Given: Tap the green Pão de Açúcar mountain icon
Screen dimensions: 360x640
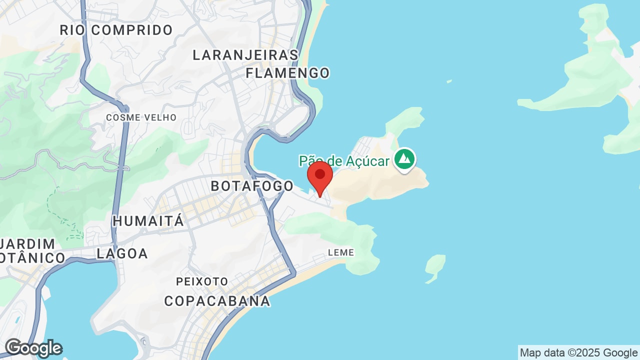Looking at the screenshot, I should [404, 159].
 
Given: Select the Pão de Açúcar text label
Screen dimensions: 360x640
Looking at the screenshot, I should [344, 160].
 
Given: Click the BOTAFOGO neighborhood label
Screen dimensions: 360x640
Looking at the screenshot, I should [252, 186].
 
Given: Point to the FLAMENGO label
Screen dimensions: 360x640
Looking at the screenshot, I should [287, 73].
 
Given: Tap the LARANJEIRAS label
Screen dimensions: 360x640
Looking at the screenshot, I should [245, 55].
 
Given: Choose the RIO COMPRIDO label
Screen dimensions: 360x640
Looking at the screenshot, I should [116, 30].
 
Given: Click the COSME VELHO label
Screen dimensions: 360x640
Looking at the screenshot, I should [141, 117].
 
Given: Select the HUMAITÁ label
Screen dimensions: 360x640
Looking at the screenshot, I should [148, 220].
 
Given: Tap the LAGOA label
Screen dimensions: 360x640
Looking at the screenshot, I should [122, 253].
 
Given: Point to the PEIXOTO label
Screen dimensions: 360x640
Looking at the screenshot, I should [202, 282].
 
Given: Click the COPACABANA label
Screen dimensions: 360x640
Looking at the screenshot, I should [217, 301].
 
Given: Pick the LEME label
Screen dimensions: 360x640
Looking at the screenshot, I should [341, 253].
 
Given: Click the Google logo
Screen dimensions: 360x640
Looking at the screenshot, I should [33, 348].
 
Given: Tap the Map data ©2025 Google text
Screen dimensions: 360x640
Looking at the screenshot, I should [578, 353].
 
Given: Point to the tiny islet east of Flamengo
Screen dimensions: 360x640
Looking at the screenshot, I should [449, 81].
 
